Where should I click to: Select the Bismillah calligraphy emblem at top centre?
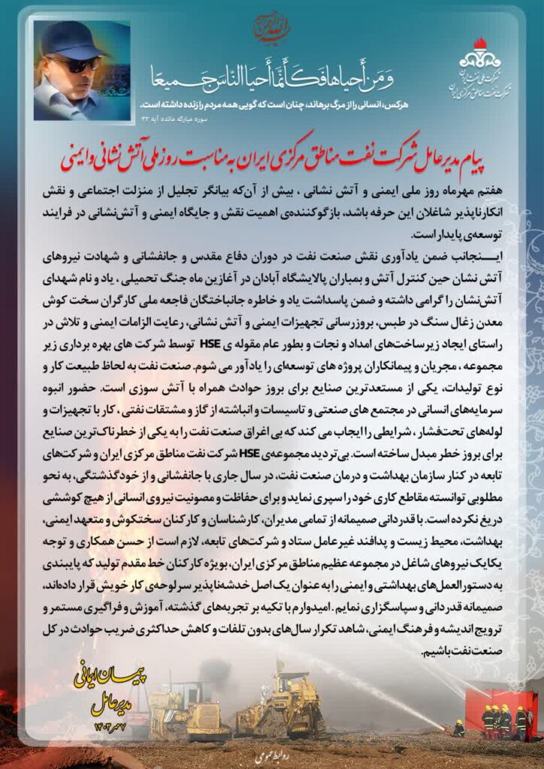click(x=271, y=26)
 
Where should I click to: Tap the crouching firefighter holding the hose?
click(x=458, y=728)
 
